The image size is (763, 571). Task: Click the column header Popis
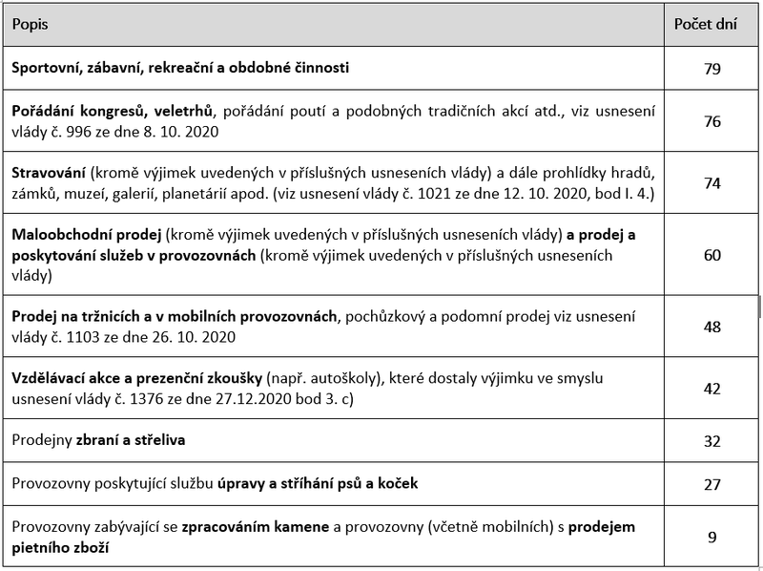click(30, 25)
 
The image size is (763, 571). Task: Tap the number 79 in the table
click(711, 69)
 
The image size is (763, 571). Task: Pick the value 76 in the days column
click(711, 122)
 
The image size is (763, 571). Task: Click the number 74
click(711, 184)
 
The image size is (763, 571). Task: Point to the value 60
click(711, 256)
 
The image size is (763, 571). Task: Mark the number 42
click(711, 388)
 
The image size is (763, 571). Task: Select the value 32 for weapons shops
click(711, 441)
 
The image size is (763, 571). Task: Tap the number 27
click(711, 484)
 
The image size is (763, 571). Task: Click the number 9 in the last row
click(711, 537)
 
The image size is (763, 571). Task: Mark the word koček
click(395, 484)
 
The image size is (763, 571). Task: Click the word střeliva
click(160, 441)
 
